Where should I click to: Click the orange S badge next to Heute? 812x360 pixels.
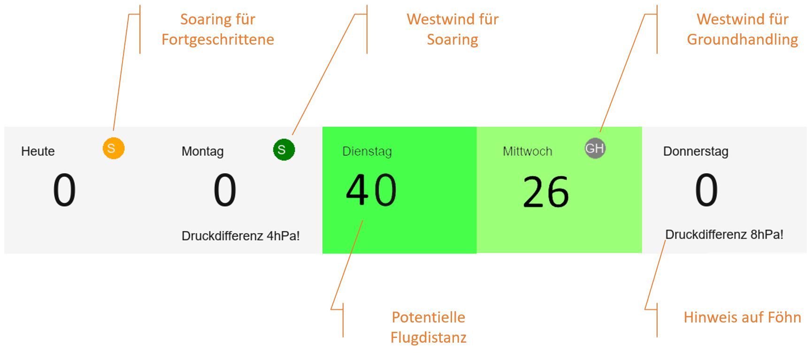tap(114, 148)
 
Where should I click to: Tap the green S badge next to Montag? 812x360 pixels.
tap(284, 150)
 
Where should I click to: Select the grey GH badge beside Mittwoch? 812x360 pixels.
tap(595, 148)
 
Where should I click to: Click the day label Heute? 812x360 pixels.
tap(38, 151)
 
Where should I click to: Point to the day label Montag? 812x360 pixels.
tap(203, 152)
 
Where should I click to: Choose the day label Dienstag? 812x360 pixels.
tap(367, 152)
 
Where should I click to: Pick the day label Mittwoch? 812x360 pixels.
tap(528, 151)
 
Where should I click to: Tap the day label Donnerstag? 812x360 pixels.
tap(696, 152)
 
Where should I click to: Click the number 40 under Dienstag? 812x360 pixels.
tap(371, 190)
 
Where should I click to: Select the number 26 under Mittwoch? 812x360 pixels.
tap(546, 191)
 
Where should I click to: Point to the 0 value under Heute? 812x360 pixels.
tap(64, 190)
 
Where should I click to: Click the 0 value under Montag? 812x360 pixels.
tap(225, 190)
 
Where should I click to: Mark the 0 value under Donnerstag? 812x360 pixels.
tap(706, 190)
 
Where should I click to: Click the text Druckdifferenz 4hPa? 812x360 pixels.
tap(241, 236)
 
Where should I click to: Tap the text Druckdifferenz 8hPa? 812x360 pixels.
tap(724, 235)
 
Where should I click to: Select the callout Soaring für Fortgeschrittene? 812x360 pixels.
tap(218, 29)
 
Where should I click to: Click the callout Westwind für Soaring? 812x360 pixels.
tap(452, 29)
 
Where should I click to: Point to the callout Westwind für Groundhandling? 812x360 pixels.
tap(743, 29)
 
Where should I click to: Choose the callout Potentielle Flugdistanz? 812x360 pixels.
tap(429, 327)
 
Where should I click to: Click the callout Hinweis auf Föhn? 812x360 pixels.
tap(743, 317)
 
